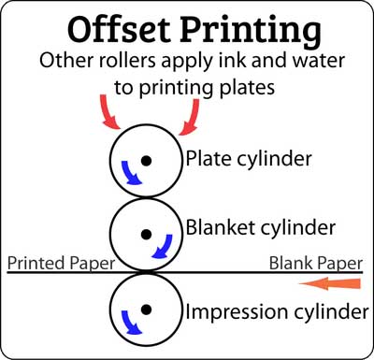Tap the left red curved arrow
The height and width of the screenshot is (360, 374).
click(109, 113)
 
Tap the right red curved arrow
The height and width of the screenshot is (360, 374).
click(191, 117)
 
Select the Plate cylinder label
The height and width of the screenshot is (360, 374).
click(249, 160)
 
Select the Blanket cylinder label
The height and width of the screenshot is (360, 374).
click(261, 228)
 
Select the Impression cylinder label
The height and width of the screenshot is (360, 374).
click(277, 312)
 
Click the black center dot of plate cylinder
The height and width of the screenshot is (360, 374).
click(146, 161)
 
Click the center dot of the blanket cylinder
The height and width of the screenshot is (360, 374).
click(146, 234)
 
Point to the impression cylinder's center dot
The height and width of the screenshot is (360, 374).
click(146, 310)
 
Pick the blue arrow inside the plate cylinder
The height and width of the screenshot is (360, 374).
click(129, 174)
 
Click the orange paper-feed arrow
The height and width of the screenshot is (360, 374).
click(330, 283)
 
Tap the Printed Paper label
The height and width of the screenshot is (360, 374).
click(61, 264)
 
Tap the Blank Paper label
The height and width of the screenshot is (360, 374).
click(316, 264)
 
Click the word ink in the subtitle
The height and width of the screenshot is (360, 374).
click(231, 60)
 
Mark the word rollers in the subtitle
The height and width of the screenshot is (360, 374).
click(126, 60)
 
